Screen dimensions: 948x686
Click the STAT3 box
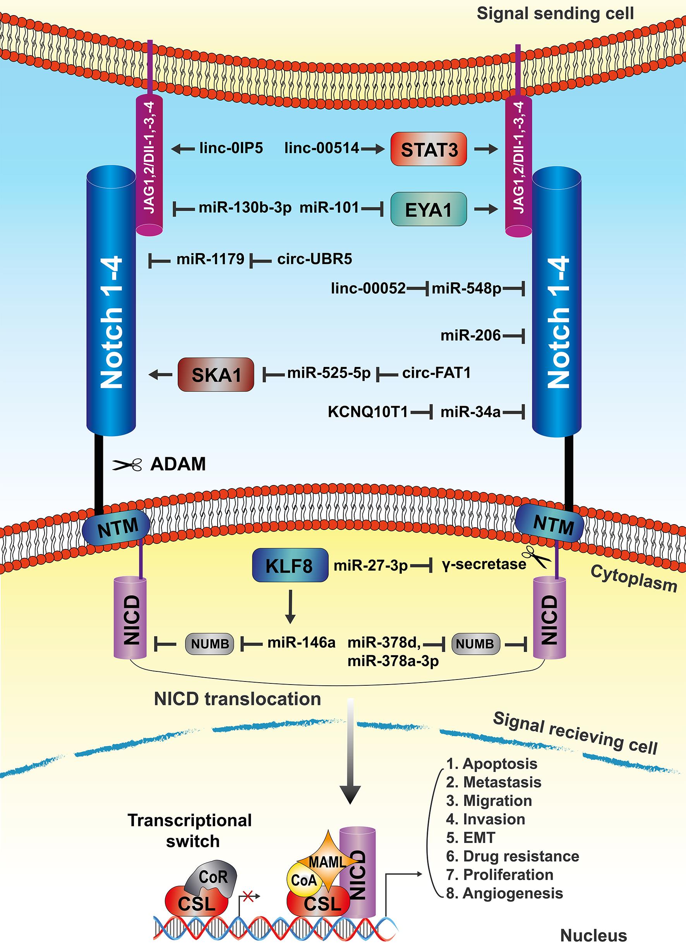click(429, 149)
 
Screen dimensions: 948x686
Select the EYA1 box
click(429, 209)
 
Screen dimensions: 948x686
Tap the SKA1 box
click(216, 375)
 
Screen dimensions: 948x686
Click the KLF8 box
click(290, 566)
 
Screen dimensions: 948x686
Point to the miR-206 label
click(470, 335)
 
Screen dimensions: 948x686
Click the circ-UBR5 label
click(315, 259)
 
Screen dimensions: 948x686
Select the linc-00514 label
click(322, 148)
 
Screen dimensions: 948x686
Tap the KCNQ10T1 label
click(368, 412)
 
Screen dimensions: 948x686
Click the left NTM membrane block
click(117, 528)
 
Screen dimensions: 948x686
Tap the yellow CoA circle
click(304, 881)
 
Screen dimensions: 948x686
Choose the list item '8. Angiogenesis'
click(505, 893)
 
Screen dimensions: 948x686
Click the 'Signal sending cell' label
click(555, 14)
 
